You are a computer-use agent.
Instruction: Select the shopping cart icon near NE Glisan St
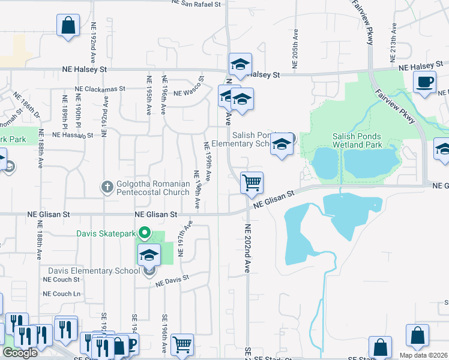252,182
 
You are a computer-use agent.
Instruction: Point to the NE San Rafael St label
196,4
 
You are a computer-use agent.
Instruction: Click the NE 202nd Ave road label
247,250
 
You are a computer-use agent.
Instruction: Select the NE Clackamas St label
100,88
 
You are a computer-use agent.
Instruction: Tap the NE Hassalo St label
73,136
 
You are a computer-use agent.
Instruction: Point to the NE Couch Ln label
61,294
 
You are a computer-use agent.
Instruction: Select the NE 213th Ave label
394,37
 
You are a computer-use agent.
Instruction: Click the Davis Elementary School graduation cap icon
149,255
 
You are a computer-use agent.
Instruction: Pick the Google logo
20,353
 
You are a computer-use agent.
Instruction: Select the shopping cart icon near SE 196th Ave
182,344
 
